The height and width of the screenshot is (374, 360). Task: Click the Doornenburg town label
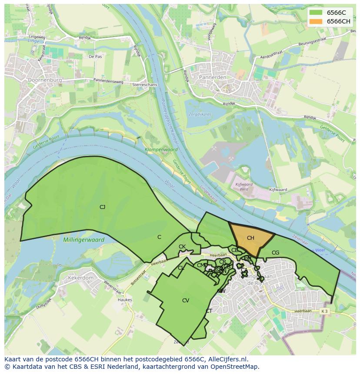tap(44, 80)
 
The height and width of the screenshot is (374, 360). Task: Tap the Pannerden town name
tap(213, 77)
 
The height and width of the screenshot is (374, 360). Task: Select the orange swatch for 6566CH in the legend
tap(316, 22)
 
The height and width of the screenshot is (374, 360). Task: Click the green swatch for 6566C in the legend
tap(316, 13)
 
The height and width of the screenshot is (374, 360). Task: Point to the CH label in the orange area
tap(250, 238)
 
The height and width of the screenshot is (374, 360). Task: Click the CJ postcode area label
tap(102, 207)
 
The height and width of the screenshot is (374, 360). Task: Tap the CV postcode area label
tap(186, 301)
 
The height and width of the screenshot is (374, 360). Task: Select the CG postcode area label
tap(275, 253)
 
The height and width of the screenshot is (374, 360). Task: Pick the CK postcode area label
tap(182, 247)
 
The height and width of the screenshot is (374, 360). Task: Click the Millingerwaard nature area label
tap(83, 240)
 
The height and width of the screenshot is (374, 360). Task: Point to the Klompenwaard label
tap(161, 149)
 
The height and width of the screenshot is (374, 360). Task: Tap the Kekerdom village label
tap(80, 278)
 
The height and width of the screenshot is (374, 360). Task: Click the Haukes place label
tap(125, 300)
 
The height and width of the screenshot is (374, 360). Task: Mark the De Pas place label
tap(95, 56)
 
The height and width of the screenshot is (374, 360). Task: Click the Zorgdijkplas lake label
tap(199, 115)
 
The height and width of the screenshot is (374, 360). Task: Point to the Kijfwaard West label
tap(244, 187)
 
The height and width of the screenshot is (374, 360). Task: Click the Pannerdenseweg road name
tap(108, 81)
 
